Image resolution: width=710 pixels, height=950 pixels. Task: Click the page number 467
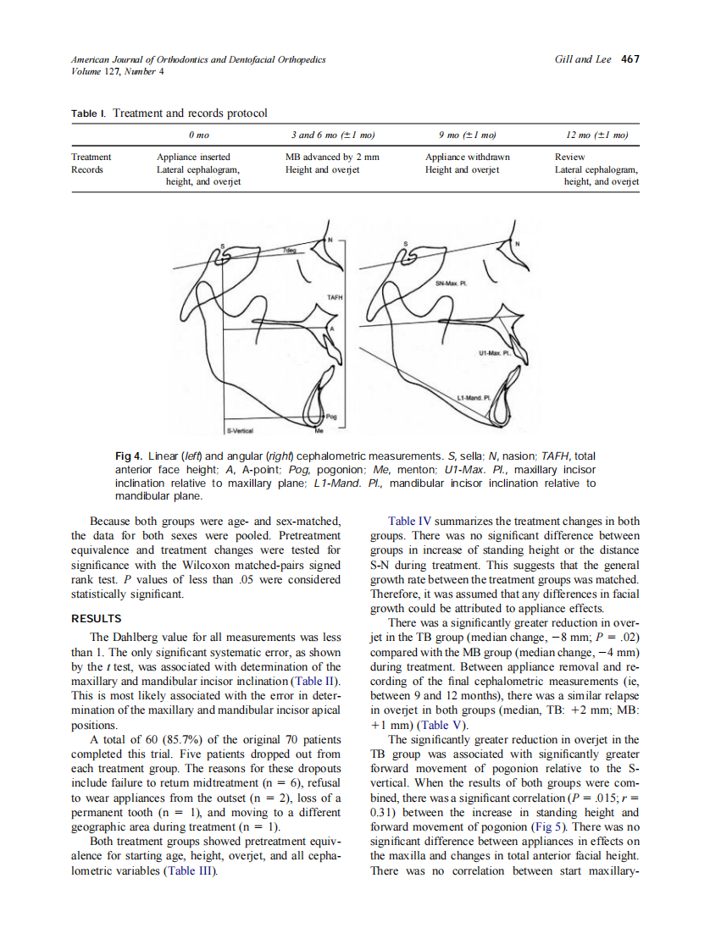pyautogui.click(x=630, y=59)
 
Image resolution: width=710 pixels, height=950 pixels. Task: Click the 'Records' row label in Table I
pyautogui.click(x=87, y=169)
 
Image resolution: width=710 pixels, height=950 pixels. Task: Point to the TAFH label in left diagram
pyautogui.click(x=334, y=297)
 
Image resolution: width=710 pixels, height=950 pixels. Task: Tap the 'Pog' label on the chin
pyautogui.click(x=331, y=417)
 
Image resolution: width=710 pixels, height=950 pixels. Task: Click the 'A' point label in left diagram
pyautogui.click(x=332, y=328)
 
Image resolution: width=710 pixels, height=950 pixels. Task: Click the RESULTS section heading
pyautogui.click(x=97, y=618)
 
